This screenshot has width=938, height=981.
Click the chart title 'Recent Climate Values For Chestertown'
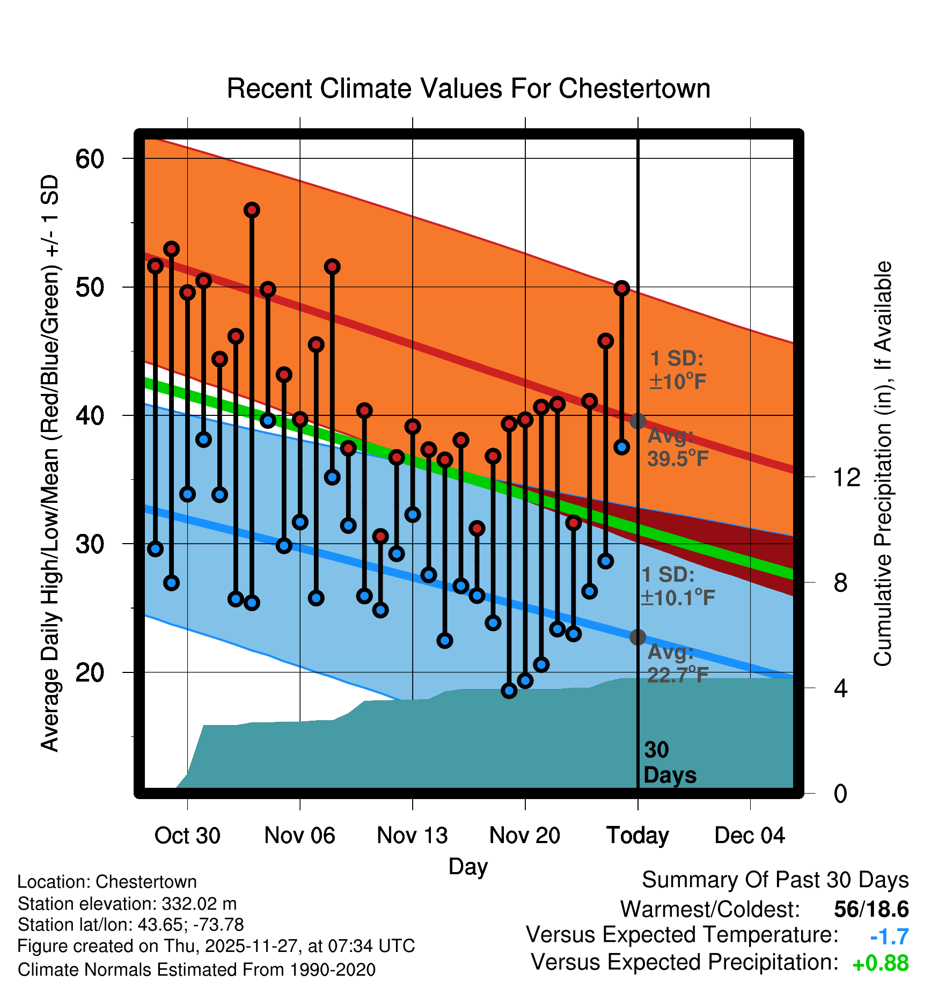[468, 89]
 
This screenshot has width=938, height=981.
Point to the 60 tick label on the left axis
[90, 159]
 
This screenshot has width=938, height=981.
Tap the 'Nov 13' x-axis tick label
[412, 836]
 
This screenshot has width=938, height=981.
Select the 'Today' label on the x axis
[637, 836]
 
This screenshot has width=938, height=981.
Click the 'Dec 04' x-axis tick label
[750, 836]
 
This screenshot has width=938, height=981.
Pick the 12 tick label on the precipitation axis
[846, 477]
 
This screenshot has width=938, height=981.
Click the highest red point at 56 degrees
[252, 210]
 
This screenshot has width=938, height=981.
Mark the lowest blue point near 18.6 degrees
[509, 691]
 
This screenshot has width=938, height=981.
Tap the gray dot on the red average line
[637, 421]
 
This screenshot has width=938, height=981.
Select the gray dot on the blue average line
[637, 637]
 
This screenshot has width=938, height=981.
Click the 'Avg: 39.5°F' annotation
[677, 448]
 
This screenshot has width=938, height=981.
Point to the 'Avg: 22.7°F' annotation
[677, 663]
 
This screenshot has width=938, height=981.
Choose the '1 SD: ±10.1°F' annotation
[677, 586]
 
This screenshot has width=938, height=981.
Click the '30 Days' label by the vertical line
[669, 763]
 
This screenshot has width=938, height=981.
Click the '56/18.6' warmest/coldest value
[871, 909]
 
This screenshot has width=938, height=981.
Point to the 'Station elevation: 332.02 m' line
[127, 904]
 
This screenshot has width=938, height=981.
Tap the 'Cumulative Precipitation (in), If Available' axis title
[883, 464]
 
